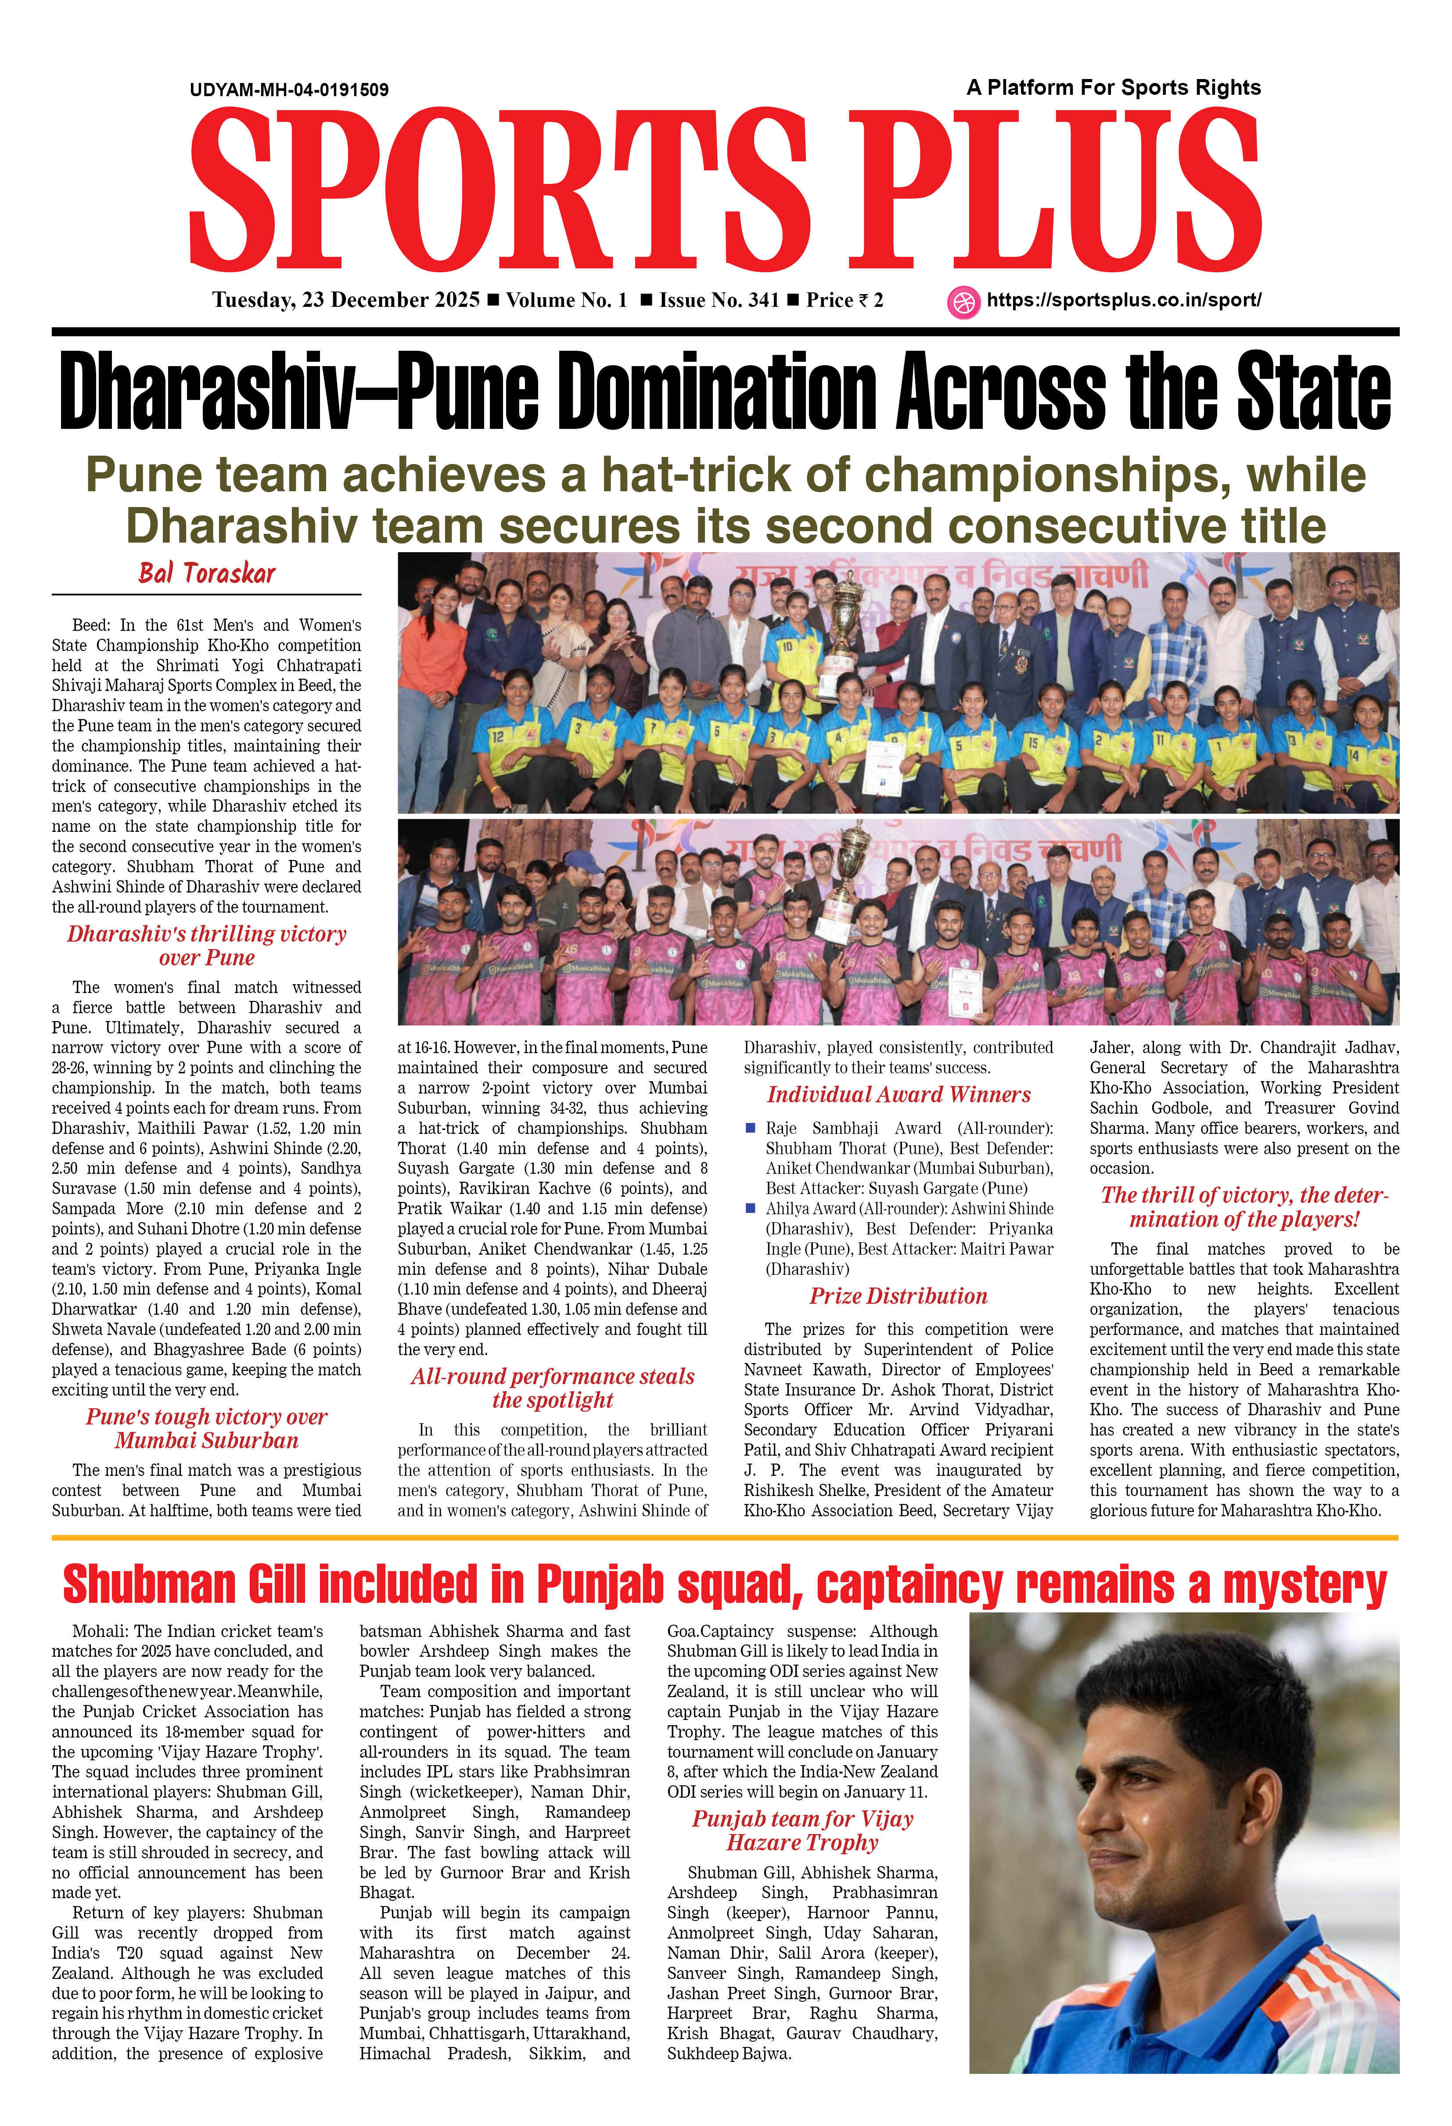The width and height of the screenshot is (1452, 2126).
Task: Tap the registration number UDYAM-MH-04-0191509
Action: pyautogui.click(x=289, y=90)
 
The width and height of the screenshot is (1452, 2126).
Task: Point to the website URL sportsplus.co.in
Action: pyautogui.click(x=1124, y=300)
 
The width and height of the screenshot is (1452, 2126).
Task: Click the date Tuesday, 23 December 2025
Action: pyautogui.click(x=346, y=300)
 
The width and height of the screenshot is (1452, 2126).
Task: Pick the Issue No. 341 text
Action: pyautogui.click(x=719, y=300)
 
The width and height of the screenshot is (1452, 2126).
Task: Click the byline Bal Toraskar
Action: pyautogui.click(x=207, y=574)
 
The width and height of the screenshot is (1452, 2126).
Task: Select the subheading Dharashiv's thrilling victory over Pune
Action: pyautogui.click(x=207, y=945)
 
